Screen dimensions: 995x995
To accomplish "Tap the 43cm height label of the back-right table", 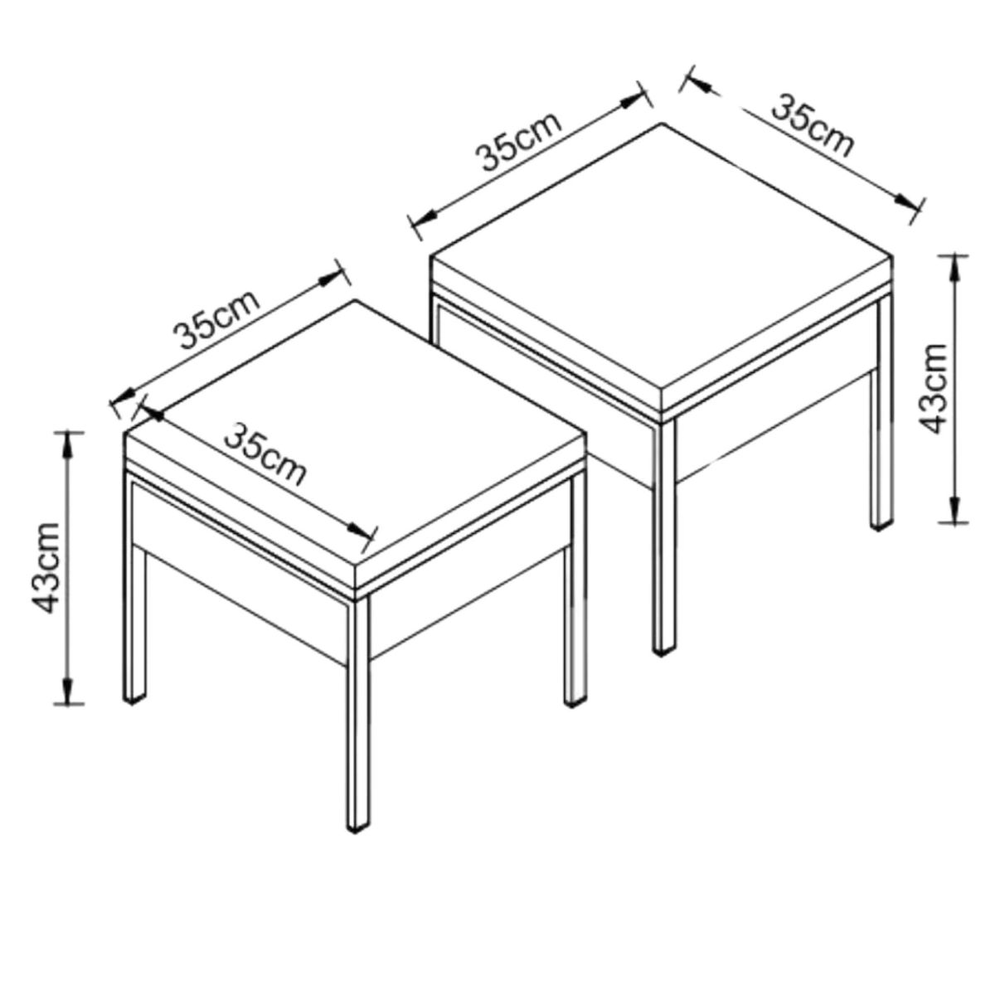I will pyautogui.click(x=936, y=389).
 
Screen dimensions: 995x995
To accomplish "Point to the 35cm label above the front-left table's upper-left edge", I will pyautogui.click(x=216, y=318).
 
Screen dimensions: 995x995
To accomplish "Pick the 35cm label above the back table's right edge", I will pyautogui.click(x=813, y=125).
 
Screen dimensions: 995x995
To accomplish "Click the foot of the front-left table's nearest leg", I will pyautogui.click(x=357, y=825).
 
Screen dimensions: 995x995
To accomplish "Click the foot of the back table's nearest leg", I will pyautogui.click(x=663, y=651).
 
